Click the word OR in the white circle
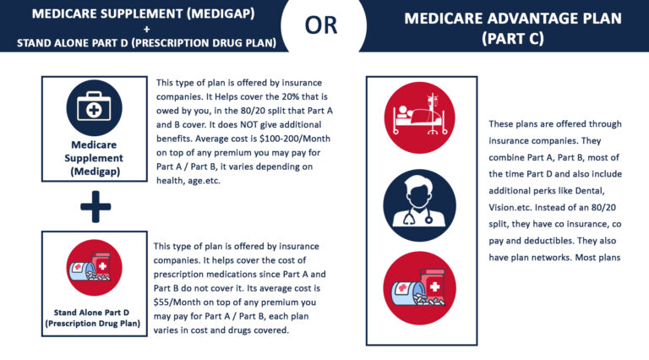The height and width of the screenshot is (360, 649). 321,25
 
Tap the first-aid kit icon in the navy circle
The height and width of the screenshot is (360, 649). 95,107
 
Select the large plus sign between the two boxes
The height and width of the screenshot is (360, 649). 95,206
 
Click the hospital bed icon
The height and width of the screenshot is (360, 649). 420,117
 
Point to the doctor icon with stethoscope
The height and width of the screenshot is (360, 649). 420,205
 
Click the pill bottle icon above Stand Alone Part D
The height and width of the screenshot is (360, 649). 95,267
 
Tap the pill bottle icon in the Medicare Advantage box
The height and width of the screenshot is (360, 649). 420,288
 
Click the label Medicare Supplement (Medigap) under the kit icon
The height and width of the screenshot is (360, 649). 94,158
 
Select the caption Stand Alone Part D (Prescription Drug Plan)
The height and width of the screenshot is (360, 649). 93,318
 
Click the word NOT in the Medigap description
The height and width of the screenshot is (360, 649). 248,124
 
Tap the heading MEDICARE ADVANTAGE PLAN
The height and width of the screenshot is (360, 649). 513,19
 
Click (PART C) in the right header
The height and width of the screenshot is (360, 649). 513,39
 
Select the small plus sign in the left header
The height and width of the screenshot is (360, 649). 146,29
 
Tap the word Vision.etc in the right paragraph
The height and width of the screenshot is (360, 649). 510,207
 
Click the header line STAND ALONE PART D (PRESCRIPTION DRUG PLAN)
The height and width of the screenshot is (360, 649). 146,43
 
